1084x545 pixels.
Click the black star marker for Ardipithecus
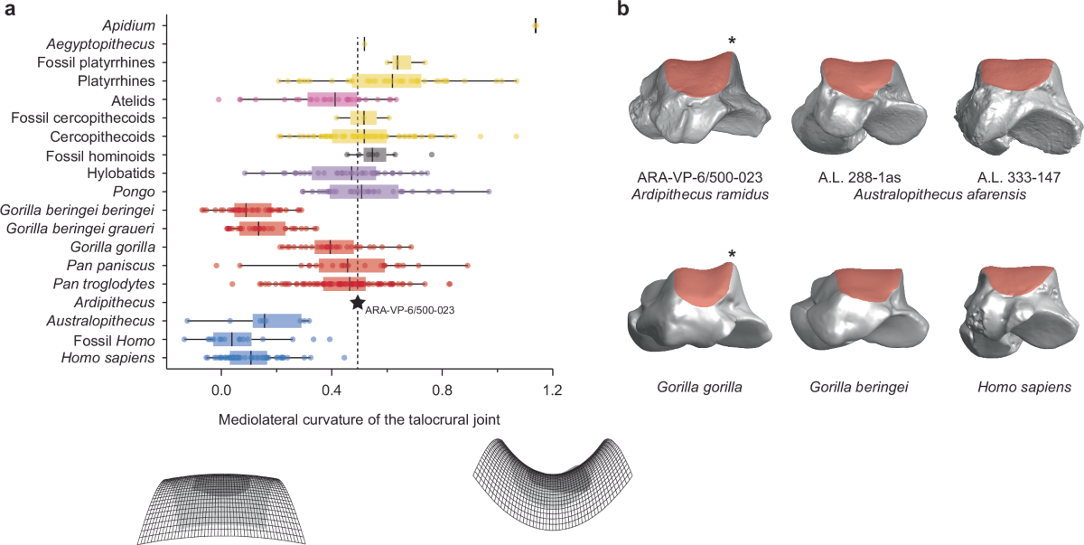click(x=358, y=303)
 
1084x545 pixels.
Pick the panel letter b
click(x=623, y=11)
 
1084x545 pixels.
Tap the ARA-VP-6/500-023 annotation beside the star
click(x=409, y=309)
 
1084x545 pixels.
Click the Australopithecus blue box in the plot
click(x=277, y=320)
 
